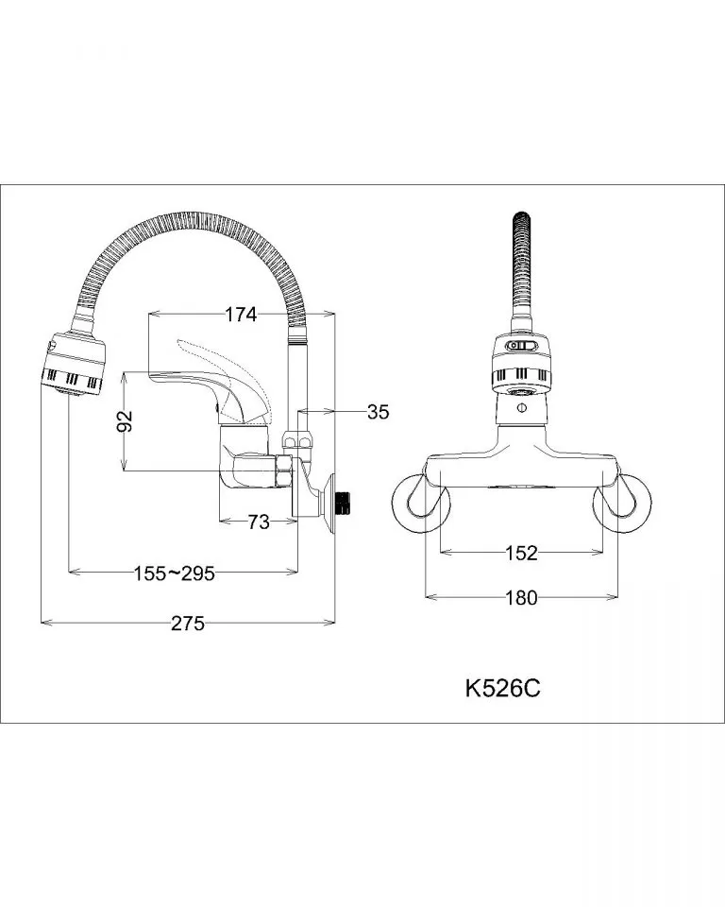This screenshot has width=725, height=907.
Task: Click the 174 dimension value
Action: point(241,315)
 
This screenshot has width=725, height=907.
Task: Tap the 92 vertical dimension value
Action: point(125,420)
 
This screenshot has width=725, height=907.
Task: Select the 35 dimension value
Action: point(379,412)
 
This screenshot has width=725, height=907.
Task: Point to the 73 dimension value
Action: point(259,522)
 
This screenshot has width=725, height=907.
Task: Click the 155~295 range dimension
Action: point(174,573)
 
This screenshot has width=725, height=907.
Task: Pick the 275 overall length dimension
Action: point(188,623)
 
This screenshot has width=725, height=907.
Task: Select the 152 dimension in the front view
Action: point(521,553)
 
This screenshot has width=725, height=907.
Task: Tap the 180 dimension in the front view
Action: point(521,597)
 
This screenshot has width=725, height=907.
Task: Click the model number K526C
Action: point(503,689)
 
